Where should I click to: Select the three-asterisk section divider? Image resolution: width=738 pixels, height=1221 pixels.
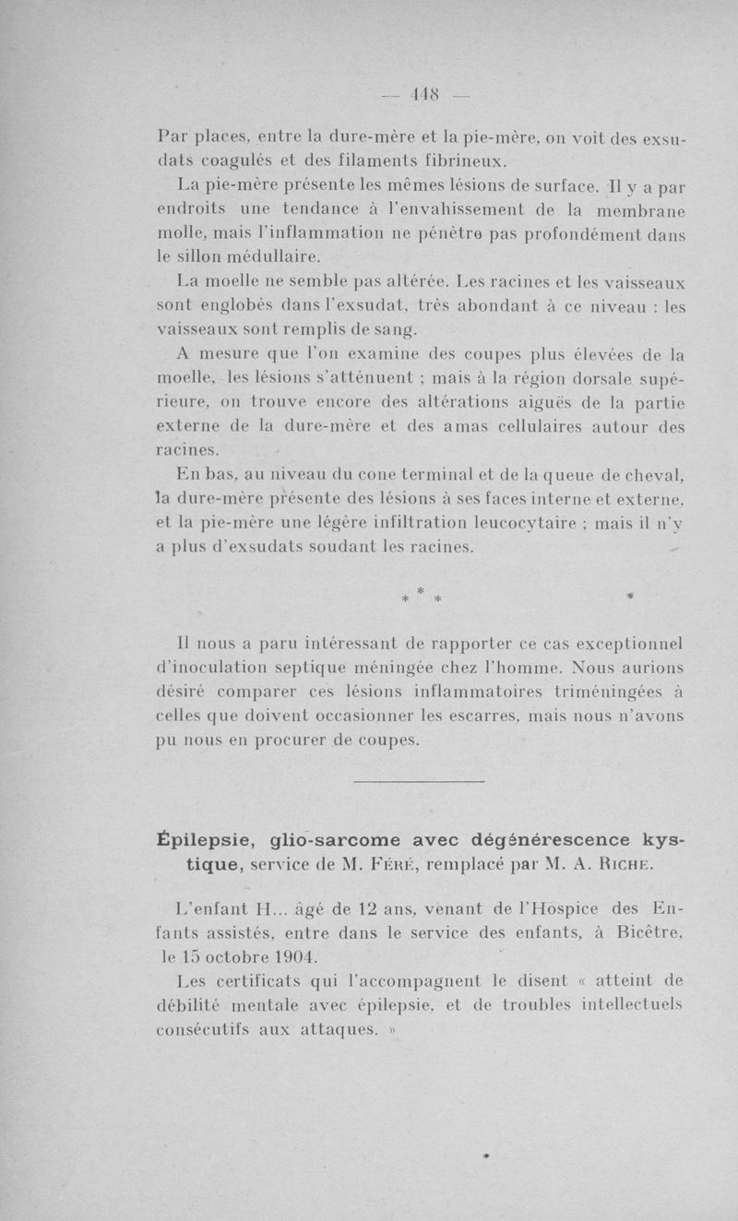click(420, 596)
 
